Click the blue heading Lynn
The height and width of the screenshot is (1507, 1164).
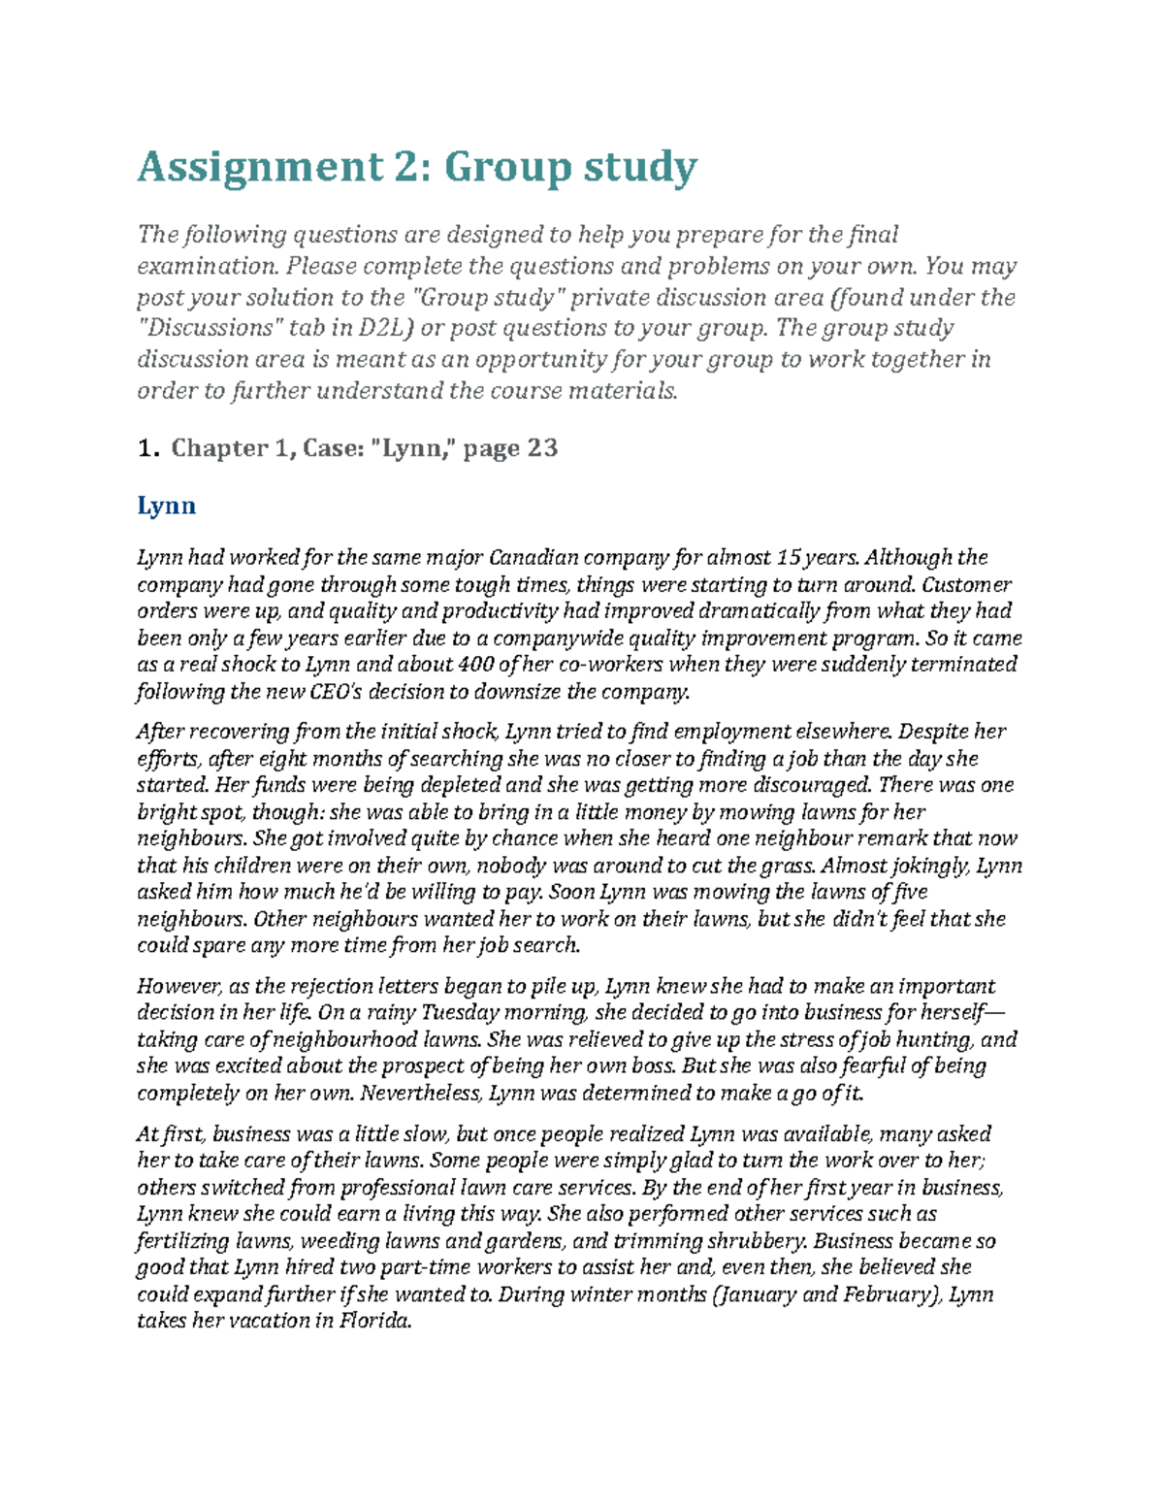pos(166,506)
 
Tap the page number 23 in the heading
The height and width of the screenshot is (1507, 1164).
pos(542,447)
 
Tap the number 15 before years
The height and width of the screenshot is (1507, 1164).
pos(790,557)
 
